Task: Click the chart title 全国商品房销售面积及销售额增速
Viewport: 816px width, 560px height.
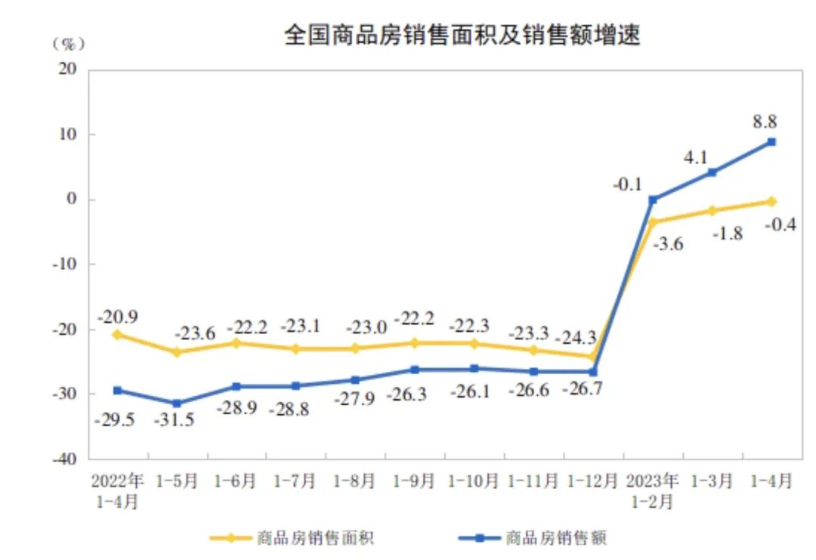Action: pos(462,35)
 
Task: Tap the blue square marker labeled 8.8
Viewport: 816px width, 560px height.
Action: pos(771,142)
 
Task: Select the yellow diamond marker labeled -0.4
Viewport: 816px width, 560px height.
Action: pos(771,201)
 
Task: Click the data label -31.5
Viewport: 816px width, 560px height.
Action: pos(175,419)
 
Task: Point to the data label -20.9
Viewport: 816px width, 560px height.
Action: pos(117,317)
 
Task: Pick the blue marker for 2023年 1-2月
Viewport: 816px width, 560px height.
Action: pos(653,200)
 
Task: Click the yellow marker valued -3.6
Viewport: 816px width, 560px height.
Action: pos(653,222)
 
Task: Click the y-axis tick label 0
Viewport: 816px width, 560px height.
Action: pos(73,200)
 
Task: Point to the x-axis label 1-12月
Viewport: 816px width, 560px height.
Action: pos(592,481)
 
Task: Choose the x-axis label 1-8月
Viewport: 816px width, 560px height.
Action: pos(355,481)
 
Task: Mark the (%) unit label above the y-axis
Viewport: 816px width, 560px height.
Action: pos(68,43)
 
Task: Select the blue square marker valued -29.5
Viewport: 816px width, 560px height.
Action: pos(117,390)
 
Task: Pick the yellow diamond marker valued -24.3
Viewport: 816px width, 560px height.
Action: pos(592,356)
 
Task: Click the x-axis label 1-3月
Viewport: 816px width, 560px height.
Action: pos(712,481)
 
